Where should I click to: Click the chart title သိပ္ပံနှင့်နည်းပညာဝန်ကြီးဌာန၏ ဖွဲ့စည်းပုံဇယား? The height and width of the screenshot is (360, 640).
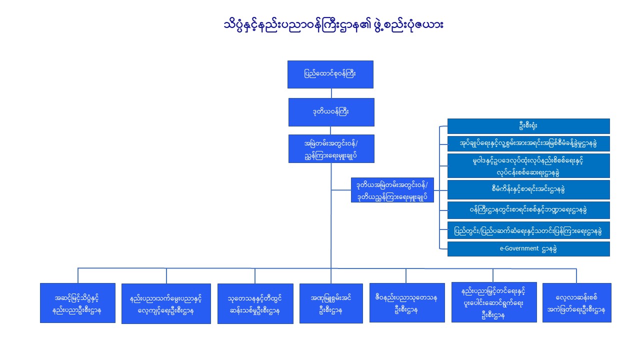tap(333, 24)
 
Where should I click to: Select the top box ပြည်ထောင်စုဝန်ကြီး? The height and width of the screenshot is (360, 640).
tap(330, 74)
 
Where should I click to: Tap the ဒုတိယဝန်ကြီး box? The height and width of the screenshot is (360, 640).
tap(331, 112)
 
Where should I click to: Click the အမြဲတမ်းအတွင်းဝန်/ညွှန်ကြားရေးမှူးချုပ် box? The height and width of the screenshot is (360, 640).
tap(331, 148)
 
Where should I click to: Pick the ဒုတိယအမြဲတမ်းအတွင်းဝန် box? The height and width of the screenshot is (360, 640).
tap(392, 190)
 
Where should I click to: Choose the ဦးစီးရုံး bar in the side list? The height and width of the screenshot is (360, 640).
tap(528, 126)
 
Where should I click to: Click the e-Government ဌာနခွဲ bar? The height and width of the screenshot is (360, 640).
tap(528, 249)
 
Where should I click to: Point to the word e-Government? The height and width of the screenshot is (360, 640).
tap(519, 248)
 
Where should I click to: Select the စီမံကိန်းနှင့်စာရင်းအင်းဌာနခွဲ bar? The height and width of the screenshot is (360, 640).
tap(528, 189)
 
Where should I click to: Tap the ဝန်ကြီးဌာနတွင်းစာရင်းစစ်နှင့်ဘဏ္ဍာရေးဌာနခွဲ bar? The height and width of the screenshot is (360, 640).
tap(528, 210)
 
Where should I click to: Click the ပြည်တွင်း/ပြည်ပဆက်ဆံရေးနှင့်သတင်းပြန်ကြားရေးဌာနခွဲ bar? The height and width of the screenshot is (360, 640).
tap(528, 230)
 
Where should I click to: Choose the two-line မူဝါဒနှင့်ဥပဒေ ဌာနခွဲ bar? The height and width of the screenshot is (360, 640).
tap(528, 165)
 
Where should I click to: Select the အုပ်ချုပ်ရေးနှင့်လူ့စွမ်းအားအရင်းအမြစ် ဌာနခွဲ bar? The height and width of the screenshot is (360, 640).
tap(528, 143)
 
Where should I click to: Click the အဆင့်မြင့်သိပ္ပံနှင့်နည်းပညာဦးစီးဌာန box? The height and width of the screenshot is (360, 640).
tap(77, 303)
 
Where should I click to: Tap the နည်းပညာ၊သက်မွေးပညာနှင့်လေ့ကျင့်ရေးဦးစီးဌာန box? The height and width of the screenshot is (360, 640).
tap(166, 303)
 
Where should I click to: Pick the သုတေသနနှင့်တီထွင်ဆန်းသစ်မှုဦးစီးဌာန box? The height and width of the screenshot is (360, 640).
tap(255, 303)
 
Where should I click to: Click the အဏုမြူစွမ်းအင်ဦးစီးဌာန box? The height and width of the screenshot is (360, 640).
tap(331, 303)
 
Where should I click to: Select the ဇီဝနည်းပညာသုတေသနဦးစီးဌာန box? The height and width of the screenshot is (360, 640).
tap(407, 302)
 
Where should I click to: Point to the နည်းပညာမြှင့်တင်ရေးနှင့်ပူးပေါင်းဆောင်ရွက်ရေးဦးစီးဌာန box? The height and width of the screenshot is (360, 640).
tap(494, 302)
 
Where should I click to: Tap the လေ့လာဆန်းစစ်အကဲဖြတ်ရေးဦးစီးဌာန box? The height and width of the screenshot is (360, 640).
tap(577, 302)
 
